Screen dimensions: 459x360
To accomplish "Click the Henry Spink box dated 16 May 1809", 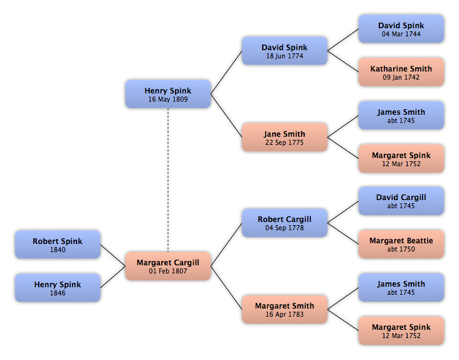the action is click(x=168, y=94).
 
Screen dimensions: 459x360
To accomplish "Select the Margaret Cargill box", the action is click(x=168, y=266).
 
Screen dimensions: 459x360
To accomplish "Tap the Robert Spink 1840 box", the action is click(x=58, y=245).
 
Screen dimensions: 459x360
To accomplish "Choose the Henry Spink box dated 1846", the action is click(x=58, y=288).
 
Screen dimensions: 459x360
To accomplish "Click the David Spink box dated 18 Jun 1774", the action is click(x=285, y=51).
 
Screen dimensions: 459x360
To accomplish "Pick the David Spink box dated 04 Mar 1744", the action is click(x=401, y=29).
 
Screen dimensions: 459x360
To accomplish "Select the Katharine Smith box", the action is click(x=401, y=72).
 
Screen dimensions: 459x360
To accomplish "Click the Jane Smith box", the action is click(x=285, y=137).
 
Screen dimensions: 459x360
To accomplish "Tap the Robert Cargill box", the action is click(x=285, y=223).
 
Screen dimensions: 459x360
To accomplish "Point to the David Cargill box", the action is click(x=401, y=201).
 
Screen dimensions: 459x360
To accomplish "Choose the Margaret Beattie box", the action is click(x=401, y=244).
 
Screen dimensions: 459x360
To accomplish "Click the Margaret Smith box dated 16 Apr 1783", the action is click(x=285, y=309).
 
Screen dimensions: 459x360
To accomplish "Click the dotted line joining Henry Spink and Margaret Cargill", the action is click(x=168, y=180).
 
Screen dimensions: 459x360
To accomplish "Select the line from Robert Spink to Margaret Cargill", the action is click(x=113, y=255).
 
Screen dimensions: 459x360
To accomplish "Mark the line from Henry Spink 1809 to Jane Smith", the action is click(x=226, y=115).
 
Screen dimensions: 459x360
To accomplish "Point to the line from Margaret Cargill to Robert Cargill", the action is click(x=226, y=245).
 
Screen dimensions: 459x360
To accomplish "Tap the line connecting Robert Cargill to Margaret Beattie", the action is click(x=343, y=233).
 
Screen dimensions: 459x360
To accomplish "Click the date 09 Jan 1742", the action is click(x=401, y=77).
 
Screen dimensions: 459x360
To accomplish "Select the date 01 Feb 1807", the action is click(x=168, y=271).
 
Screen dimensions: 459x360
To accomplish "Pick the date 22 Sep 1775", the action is click(x=285, y=142).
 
